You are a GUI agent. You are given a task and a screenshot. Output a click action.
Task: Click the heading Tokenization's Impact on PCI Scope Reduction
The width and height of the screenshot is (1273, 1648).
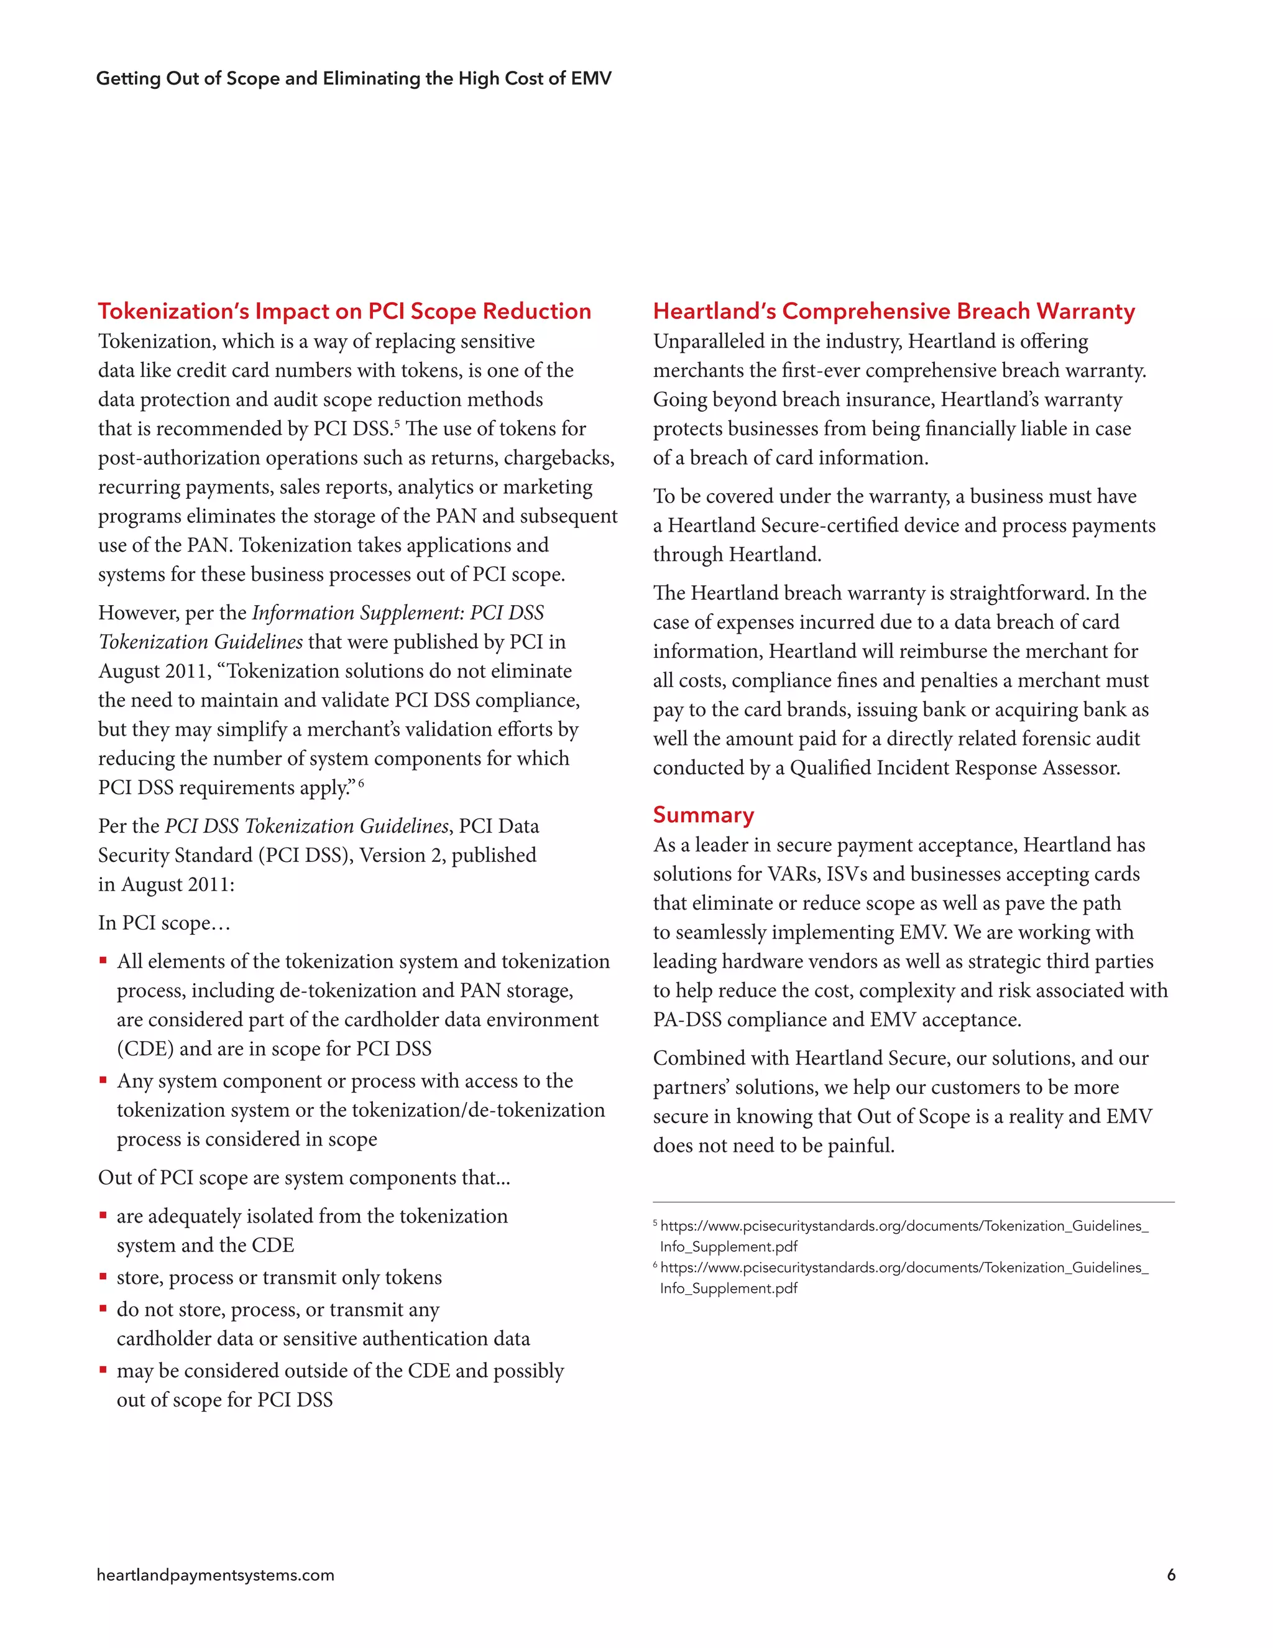click(x=344, y=311)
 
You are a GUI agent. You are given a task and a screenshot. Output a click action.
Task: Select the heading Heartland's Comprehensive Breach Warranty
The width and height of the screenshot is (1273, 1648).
click(x=894, y=311)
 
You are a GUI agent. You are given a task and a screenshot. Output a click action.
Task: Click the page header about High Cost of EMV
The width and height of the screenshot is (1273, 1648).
click(x=354, y=78)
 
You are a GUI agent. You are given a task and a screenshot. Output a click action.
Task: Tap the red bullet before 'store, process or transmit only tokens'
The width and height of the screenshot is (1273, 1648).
click(x=103, y=1277)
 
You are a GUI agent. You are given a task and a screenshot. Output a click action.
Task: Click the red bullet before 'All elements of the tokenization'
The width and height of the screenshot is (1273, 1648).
click(x=103, y=961)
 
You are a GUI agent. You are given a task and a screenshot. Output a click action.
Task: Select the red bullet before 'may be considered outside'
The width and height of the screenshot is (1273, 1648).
click(x=103, y=1369)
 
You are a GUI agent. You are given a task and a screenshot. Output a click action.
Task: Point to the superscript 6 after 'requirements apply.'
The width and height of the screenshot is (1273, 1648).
click(x=361, y=782)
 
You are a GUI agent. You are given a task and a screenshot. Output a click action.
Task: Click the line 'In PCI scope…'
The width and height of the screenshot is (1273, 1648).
click(x=163, y=923)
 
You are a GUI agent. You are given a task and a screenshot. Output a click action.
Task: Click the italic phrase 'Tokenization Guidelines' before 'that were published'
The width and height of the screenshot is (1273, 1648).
click(x=201, y=642)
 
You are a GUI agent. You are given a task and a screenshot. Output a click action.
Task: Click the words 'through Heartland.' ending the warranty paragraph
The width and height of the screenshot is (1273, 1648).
click(x=737, y=555)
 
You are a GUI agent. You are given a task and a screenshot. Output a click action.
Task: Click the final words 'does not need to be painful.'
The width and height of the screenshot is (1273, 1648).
click(x=774, y=1146)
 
